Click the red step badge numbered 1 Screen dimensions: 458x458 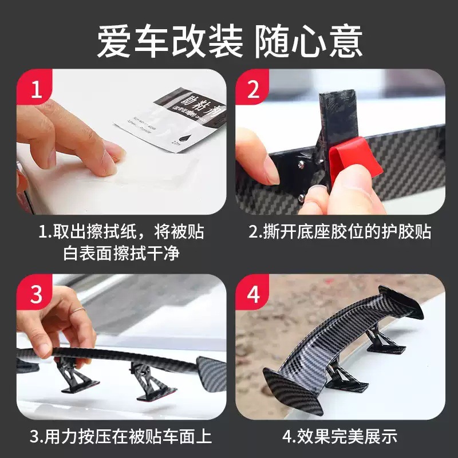pyautogui.click(x=35, y=89)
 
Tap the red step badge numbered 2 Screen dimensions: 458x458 pyautogui.click(x=254, y=89)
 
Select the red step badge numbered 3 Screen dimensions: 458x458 pyautogui.click(x=35, y=294)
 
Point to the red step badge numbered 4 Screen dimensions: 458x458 pyautogui.click(x=254, y=294)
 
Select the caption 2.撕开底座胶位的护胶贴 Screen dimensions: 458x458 pyautogui.click(x=339, y=232)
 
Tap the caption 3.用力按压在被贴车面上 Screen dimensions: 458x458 pyautogui.click(x=121, y=437)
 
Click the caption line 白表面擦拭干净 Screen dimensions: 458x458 pyautogui.click(x=121, y=252)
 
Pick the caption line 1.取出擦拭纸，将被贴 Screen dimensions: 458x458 pyautogui.click(x=121, y=232)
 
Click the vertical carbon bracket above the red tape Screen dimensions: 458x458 pyautogui.click(x=338, y=117)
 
